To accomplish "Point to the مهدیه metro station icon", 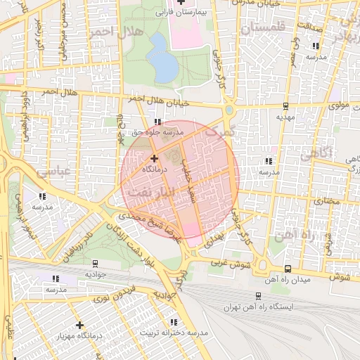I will click(285, 106).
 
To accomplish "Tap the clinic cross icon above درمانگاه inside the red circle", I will click(154, 158).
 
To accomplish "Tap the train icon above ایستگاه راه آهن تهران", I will click(259, 296).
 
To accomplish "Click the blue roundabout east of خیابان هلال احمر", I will click(230, 110).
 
